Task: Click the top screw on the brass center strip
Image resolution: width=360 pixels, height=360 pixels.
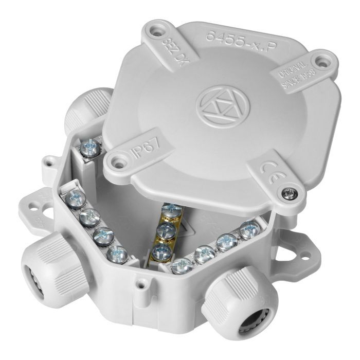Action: pyautogui.click(x=171, y=210)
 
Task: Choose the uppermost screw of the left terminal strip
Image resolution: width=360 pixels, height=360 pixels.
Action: pyautogui.click(x=76, y=196)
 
